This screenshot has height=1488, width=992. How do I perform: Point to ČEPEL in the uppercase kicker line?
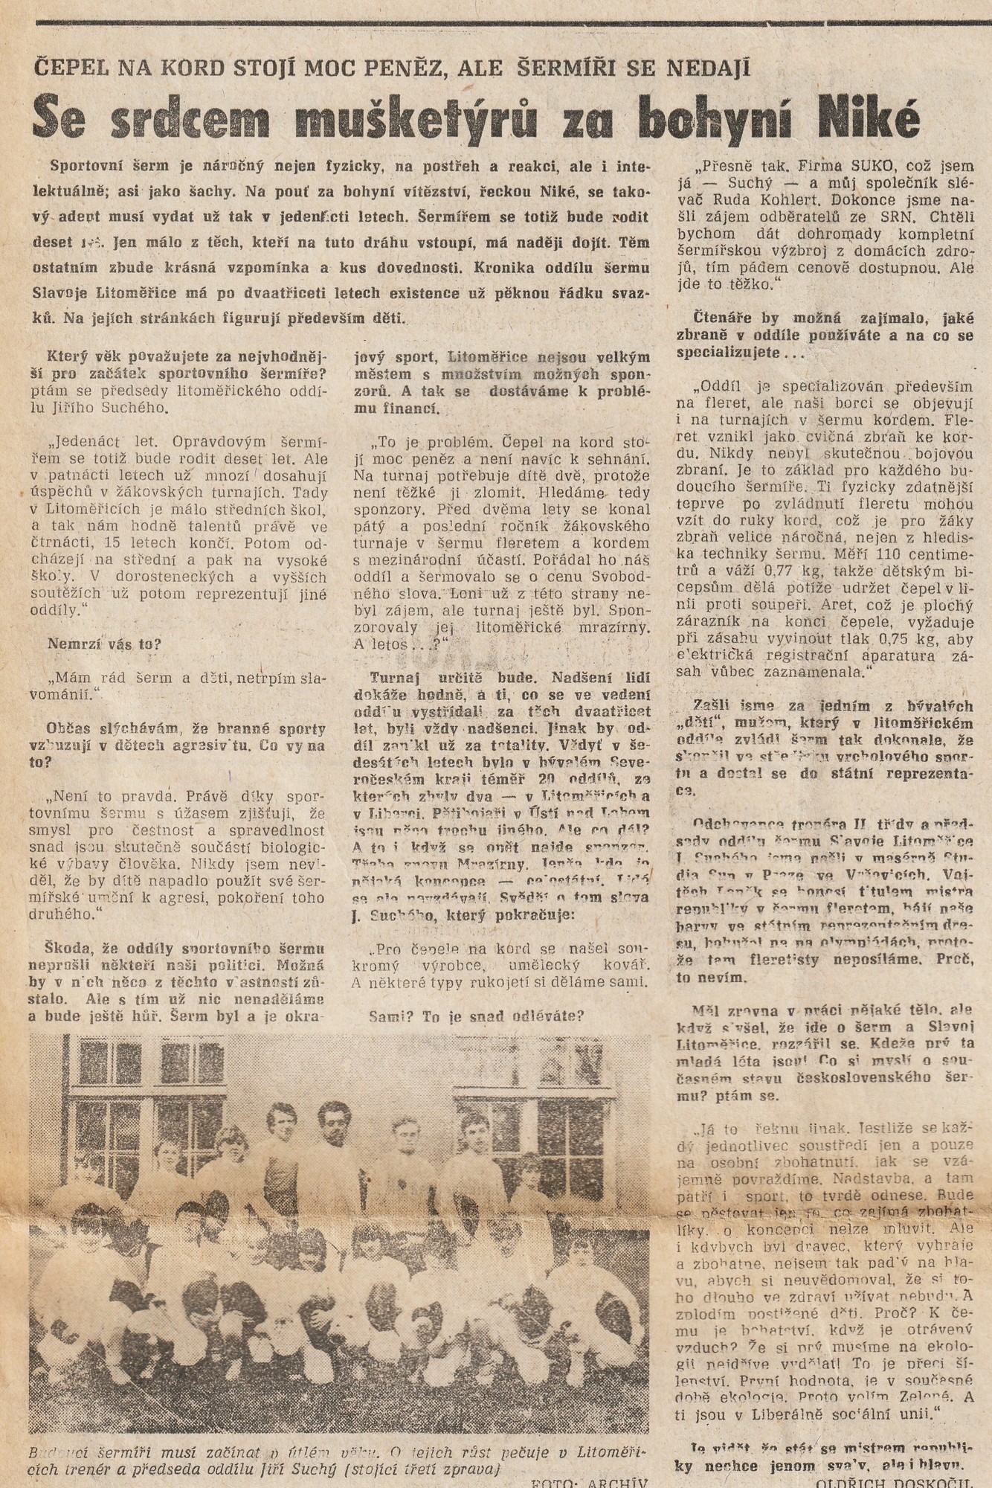point(72,68)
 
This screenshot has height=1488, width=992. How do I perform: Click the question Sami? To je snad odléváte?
point(477,1016)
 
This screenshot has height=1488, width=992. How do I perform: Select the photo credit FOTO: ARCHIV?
point(590,1481)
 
